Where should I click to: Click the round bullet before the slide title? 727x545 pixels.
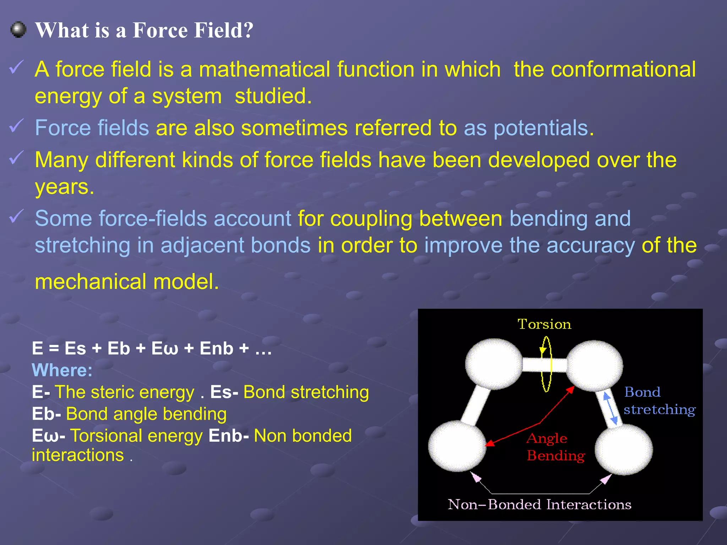click(x=18, y=29)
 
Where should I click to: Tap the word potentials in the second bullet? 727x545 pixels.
click(x=541, y=128)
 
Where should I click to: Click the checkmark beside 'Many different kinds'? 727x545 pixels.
click(x=16, y=158)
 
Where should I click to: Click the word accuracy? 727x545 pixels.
click(x=590, y=246)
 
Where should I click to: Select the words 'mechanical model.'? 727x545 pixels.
click(x=127, y=282)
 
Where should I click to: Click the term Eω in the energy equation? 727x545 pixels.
click(x=164, y=348)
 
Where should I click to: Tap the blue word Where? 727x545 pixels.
click(x=62, y=370)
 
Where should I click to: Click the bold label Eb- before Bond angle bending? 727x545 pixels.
click(x=46, y=414)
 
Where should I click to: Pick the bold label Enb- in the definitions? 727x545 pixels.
click(x=228, y=436)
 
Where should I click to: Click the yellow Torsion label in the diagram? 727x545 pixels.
click(x=544, y=324)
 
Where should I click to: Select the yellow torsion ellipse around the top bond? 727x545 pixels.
click(x=546, y=364)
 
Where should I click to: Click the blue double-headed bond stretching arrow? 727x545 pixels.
click(x=611, y=409)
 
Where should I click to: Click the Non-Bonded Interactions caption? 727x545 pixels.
click(x=539, y=504)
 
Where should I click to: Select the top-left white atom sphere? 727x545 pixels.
click(x=494, y=364)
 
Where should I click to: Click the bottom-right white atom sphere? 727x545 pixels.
click(x=624, y=449)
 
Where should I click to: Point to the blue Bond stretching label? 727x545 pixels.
click(x=659, y=401)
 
